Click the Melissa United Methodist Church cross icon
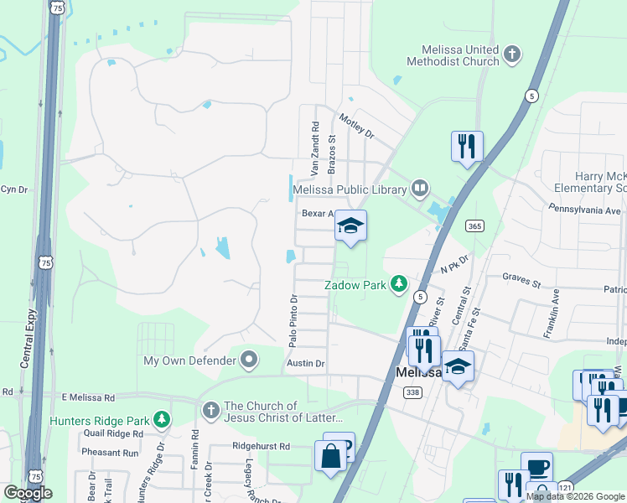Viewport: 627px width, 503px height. tap(512, 56)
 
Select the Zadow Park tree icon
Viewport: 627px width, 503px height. tap(399, 285)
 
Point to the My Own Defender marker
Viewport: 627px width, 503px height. tap(249, 361)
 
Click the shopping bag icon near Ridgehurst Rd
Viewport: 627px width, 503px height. tap(331, 457)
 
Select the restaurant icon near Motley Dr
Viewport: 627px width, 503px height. tap(467, 146)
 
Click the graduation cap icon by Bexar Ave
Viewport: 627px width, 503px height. tap(350, 226)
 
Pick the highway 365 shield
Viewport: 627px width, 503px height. tap(475, 226)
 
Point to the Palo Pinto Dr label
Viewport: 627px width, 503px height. tap(293, 321)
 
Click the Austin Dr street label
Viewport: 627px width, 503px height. tap(305, 363)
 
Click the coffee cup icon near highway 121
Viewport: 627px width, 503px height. tap(536, 467)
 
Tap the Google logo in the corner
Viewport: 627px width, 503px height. tap(28, 493)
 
